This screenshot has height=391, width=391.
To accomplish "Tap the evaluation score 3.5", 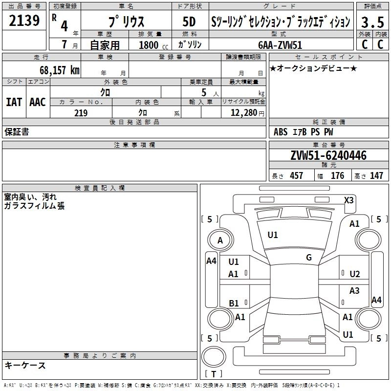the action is pos(372,22).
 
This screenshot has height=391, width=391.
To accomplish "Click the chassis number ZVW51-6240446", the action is pos(328,156).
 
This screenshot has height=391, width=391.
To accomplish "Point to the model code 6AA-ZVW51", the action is pos(280,44).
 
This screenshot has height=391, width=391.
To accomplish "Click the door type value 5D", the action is pos(189,22).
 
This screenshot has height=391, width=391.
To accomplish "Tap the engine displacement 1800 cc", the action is pos(152,45).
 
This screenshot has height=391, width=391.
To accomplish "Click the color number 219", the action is pos(81,113).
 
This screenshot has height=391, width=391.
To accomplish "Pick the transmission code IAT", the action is pos(14,102).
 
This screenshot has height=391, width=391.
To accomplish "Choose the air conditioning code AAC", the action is pos(37,102).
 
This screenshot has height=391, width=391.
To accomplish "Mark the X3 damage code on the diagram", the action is pos(349,200).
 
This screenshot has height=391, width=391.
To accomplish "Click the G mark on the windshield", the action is pos(309,258).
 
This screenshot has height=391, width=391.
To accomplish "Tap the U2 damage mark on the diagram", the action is pos(355,274).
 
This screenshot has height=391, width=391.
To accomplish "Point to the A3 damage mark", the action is pos(354,291).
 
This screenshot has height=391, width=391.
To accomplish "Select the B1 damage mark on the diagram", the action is pos(234,304).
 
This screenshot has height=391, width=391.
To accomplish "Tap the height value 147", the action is pos(376,176).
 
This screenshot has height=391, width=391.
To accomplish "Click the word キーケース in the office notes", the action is pos(25,365).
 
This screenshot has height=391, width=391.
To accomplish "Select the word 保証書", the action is pos(17,132).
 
